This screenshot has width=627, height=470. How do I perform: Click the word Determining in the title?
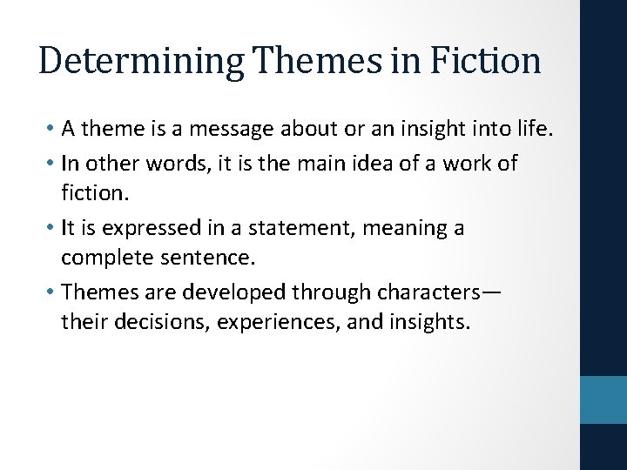coord(142,61)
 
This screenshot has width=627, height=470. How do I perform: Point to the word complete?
coord(102,258)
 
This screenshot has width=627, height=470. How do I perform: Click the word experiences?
coord(280,322)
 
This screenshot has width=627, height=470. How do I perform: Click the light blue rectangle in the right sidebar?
coord(603,399)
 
